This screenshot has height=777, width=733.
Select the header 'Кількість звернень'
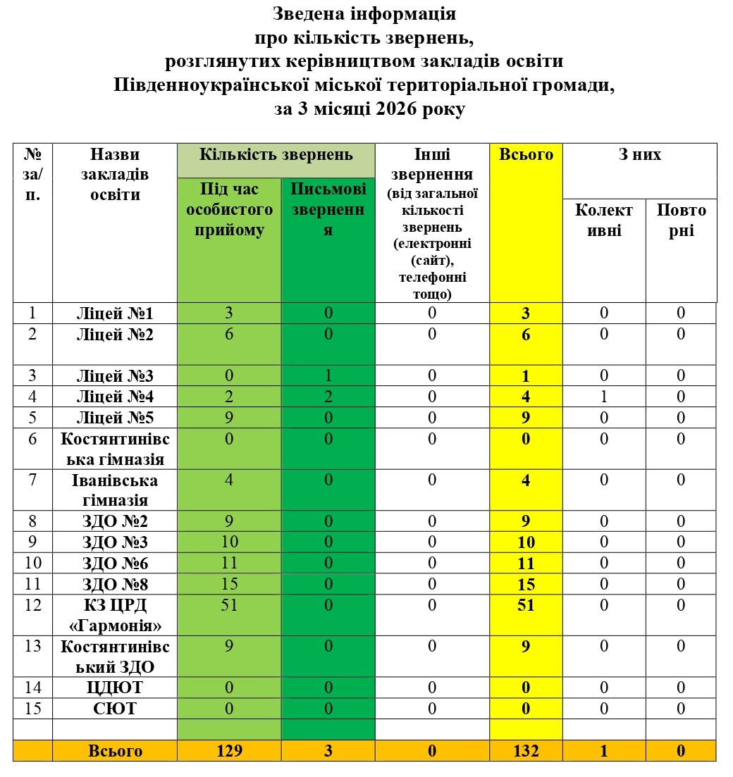276,154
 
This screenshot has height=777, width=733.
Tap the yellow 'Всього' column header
526,154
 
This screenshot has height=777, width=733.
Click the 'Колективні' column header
604,220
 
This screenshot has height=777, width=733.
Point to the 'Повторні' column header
681,220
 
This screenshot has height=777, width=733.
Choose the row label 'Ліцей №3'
115,375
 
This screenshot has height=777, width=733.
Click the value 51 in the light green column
229,605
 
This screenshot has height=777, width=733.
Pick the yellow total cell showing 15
526,585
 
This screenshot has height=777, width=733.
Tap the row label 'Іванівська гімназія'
115,490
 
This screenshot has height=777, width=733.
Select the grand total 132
526,751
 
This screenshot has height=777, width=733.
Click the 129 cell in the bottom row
229,751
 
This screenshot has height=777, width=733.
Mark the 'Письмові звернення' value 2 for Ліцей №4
328,397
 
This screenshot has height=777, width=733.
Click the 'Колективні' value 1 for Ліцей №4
604,397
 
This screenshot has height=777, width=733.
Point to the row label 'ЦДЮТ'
115,688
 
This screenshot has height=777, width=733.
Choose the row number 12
32,605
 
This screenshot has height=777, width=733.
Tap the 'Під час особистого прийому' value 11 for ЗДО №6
229,564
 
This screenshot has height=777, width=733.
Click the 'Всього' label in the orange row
115,751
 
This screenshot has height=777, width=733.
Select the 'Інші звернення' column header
431,223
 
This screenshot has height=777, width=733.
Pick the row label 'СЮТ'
115,709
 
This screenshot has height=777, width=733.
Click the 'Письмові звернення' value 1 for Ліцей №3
328,375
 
